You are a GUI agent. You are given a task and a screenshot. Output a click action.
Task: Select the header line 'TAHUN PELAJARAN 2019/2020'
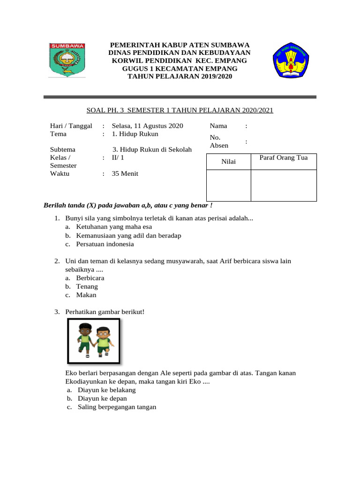pos(180,76)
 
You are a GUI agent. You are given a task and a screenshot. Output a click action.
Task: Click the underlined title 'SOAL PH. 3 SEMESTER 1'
pos(180,111)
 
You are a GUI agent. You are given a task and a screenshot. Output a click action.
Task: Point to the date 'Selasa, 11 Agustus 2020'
pos(147,126)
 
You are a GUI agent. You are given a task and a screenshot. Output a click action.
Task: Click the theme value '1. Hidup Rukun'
pos(135,134)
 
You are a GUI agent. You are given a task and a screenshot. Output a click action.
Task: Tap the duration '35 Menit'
pos(125,173)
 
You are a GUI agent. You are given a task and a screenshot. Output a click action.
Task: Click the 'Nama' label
pos(218,126)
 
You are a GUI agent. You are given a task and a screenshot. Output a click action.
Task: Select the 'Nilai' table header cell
pos(229,162)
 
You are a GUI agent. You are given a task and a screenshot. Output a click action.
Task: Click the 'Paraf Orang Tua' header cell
pos(284,157)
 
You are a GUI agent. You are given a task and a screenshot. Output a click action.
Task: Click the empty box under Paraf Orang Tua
pos(284,185)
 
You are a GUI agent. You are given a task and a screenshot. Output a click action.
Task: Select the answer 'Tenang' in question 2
pos(87,286)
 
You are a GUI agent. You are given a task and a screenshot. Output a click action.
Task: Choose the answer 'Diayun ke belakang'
pos(106,390)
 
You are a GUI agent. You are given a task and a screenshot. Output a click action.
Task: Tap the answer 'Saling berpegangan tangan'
pos(117,407)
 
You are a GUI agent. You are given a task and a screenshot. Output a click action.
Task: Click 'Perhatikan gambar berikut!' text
pos(105,312)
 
